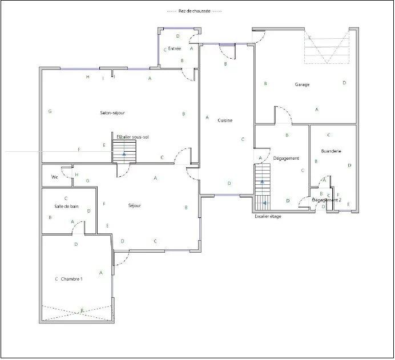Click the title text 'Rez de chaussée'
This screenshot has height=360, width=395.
194,11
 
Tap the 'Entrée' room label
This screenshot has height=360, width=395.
175,49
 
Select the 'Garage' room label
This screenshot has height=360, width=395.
302,84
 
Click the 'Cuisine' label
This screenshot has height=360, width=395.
224,120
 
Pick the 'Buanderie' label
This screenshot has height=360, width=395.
331,151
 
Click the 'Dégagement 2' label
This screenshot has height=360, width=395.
325,200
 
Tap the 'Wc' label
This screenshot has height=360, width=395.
55,177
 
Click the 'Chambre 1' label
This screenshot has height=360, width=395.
72,279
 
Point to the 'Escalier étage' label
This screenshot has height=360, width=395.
267,216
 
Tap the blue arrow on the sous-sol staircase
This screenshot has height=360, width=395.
124,154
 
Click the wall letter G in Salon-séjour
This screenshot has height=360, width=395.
50,111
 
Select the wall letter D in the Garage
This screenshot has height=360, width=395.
344,83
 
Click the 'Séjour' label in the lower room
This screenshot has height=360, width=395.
135,205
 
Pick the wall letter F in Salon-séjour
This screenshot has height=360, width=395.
79,149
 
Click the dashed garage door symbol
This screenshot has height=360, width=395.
327,47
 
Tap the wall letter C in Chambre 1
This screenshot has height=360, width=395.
56,279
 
